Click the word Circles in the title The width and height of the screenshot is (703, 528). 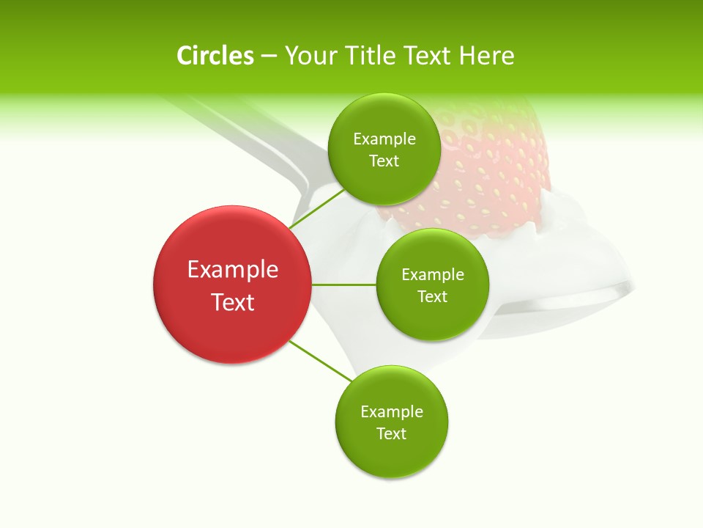pyautogui.click(x=215, y=56)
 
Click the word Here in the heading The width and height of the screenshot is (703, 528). pyautogui.click(x=486, y=56)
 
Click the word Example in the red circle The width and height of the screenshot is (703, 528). pyautogui.click(x=233, y=270)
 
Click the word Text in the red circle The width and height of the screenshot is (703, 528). pyautogui.click(x=233, y=302)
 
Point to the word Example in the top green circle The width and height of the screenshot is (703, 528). pyautogui.click(x=384, y=139)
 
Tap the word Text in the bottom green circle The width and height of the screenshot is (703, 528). pyautogui.click(x=391, y=433)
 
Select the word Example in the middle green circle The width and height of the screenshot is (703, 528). pyautogui.click(x=433, y=275)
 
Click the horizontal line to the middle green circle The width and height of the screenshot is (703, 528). pyautogui.click(x=343, y=285)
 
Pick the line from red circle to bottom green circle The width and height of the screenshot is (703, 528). pyautogui.click(x=320, y=361)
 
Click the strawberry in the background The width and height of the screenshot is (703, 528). pyautogui.click(x=498, y=169)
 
